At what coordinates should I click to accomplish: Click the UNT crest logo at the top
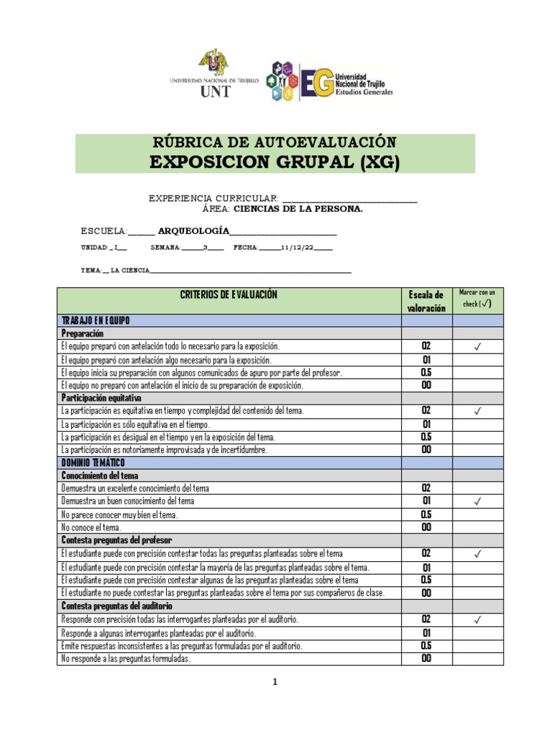pos(214,65)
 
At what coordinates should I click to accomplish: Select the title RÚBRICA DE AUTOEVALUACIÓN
pos(275,142)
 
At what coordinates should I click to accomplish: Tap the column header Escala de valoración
pos(426,301)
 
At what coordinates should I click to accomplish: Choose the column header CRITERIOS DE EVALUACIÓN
pos(229,295)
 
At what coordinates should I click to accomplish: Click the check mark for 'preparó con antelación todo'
pos(477,346)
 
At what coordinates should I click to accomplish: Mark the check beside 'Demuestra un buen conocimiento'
pos(477,502)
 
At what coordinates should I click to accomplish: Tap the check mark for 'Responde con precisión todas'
pos(477,620)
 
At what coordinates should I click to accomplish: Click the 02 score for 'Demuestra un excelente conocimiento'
pos(426,488)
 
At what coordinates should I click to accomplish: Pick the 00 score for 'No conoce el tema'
pos(426,528)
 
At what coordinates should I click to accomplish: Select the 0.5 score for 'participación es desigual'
pos(426,437)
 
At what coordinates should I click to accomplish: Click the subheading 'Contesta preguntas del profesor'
pos(117,540)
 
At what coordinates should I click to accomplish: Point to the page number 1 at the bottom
pos(275,683)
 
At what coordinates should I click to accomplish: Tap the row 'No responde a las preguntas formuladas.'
pos(126,659)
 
